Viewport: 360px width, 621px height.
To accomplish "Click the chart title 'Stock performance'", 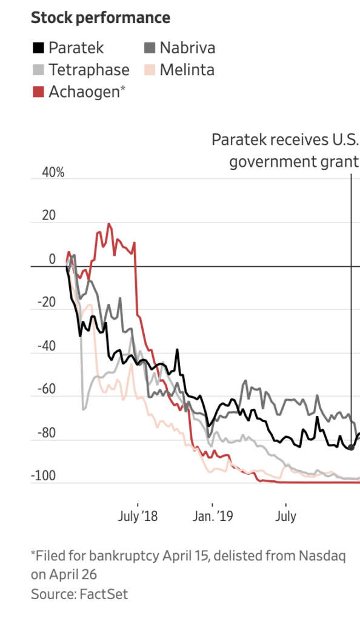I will pyautogui.click(x=101, y=18).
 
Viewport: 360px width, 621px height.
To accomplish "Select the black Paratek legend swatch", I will pyautogui.click(x=38, y=47).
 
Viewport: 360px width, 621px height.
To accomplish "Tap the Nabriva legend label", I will pyautogui.click(x=187, y=47).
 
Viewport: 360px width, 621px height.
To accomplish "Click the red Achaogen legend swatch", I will pyautogui.click(x=38, y=92).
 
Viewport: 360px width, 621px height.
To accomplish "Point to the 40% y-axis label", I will pyautogui.click(x=52, y=173).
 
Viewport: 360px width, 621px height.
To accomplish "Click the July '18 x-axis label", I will pyautogui.click(x=138, y=517).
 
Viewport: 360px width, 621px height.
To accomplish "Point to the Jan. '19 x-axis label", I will pyautogui.click(x=213, y=517).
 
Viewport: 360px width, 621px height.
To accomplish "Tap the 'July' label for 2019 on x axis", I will pyautogui.click(x=285, y=517).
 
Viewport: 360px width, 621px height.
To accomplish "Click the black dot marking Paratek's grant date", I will pyautogui.click(x=351, y=447).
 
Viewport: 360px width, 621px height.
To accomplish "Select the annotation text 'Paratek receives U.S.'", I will pyautogui.click(x=285, y=140).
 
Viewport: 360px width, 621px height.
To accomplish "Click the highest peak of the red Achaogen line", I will pyautogui.click(x=109, y=224).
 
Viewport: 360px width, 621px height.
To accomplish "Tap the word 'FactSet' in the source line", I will pyautogui.click(x=104, y=594).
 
